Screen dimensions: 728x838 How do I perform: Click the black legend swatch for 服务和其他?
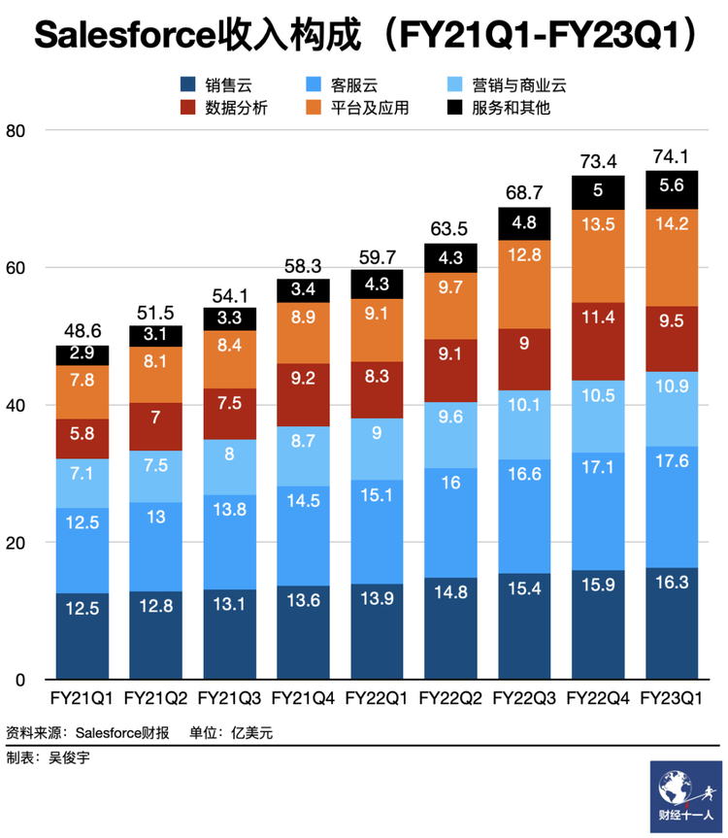point(454,108)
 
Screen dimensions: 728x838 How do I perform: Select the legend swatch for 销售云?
point(188,84)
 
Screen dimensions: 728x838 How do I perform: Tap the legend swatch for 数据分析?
point(188,108)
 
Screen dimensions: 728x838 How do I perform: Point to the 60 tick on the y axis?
point(16,268)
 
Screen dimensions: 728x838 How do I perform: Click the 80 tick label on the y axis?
point(16,131)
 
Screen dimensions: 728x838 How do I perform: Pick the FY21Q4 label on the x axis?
point(303,698)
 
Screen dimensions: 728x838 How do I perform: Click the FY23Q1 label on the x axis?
point(672,698)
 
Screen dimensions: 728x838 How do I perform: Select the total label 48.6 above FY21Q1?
point(83,331)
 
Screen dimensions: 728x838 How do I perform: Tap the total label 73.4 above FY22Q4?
point(598,161)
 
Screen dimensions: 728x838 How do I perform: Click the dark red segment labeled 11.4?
point(598,342)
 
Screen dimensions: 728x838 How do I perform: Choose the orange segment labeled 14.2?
point(672,257)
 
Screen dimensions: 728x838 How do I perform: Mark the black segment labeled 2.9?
point(83,355)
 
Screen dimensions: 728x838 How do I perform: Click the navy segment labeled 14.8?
point(450,628)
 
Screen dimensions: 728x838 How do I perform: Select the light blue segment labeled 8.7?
point(303,456)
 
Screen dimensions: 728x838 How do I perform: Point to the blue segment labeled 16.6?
point(524,517)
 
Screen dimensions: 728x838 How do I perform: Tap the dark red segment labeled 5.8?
point(83,439)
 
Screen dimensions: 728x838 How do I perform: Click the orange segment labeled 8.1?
point(155,375)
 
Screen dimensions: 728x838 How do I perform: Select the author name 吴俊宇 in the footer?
point(69,757)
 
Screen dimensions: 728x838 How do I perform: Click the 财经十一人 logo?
point(686,796)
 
